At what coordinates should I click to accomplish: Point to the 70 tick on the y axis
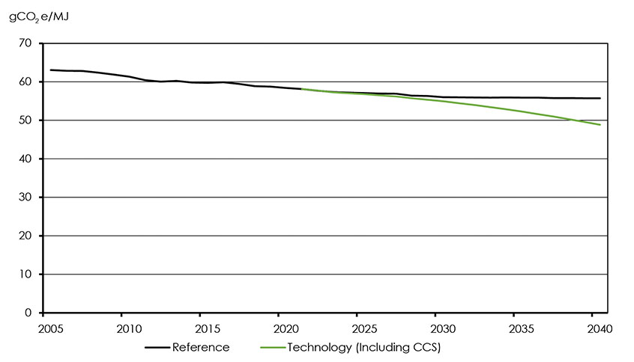[28, 43]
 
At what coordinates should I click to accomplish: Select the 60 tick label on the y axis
[28, 82]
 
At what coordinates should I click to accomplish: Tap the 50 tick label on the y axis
[28, 120]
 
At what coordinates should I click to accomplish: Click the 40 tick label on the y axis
[28, 159]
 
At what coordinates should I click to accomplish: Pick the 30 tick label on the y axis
[28, 197]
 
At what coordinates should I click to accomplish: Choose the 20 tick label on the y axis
[28, 236]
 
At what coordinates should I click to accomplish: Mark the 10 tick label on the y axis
[28, 274]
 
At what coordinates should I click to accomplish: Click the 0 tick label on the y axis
[31, 313]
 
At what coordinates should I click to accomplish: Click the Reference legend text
[201, 347]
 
